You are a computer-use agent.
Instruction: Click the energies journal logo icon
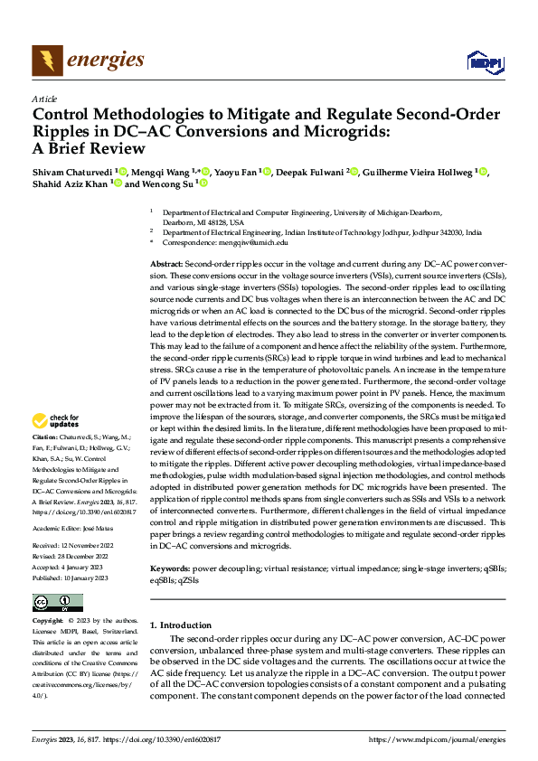pos(46,61)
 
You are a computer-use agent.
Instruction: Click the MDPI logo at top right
pos(484,61)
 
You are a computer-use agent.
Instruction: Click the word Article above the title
pos(44,99)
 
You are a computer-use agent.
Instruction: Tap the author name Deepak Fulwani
pos(309,172)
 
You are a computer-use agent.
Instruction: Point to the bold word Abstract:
pos(168,261)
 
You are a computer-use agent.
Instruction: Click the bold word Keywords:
pos(170,569)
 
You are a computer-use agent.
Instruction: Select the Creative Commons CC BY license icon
pos(57,603)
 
